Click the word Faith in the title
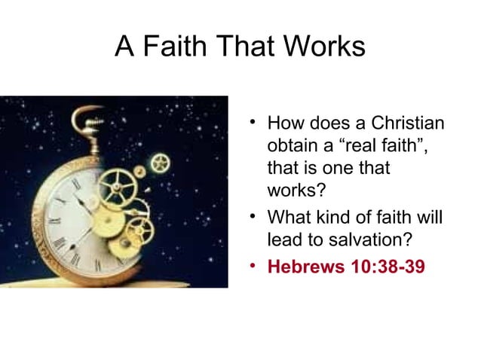click(x=171, y=47)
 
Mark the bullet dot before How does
click(x=253, y=121)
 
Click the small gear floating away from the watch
click(x=160, y=162)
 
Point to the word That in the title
click(x=243, y=47)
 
